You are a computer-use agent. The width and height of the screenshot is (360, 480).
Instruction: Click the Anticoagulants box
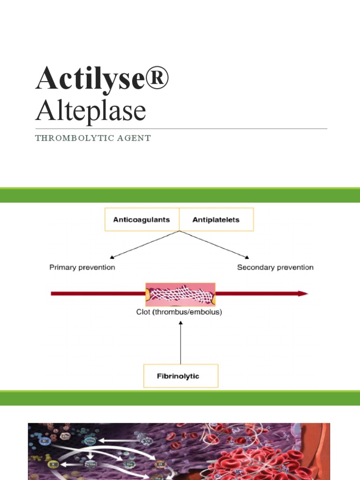142,219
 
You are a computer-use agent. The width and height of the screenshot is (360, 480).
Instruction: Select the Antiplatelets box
216,219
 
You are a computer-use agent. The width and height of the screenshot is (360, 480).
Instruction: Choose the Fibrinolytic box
180,376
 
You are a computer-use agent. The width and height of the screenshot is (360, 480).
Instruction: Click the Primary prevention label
82,267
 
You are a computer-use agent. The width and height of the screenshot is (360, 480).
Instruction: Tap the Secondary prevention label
275,267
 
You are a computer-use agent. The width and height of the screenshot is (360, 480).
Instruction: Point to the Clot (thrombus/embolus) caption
179,311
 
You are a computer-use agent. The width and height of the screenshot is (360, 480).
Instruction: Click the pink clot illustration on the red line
180,293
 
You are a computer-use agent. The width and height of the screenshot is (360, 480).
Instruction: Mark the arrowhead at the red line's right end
303,293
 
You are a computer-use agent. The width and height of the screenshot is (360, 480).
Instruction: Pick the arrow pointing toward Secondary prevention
216,245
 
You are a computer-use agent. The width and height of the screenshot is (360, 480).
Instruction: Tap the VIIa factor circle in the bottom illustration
90,441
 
